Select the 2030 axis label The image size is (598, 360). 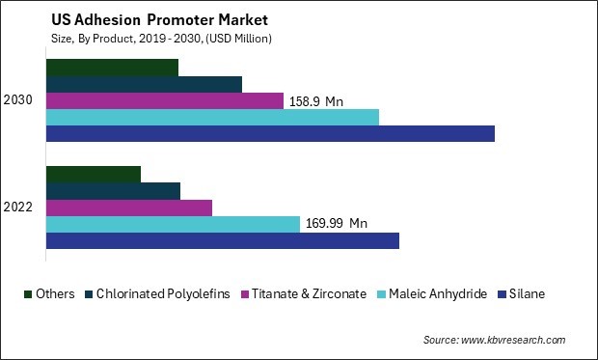tap(18, 100)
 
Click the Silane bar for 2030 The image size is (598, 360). tap(270, 133)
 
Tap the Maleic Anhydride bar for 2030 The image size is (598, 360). tap(212, 117)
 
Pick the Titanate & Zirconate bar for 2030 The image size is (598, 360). tap(165, 100)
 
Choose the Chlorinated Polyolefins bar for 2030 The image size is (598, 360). tap(144, 84)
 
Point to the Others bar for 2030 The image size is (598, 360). tap(112, 68)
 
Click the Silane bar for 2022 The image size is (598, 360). tap(223, 240)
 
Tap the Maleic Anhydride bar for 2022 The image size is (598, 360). tap(173, 224)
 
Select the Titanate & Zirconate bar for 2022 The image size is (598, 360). tap(129, 208)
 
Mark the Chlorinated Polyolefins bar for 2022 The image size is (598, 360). tap(113, 191)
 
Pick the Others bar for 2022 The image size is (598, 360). tap(94, 175)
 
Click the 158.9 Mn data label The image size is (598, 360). tap(317, 100)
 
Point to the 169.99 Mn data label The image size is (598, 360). tap(337, 224)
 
